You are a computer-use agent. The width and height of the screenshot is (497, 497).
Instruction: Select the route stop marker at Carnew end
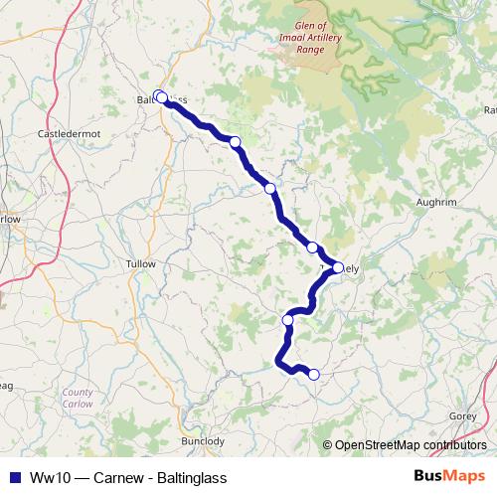[x=314, y=374]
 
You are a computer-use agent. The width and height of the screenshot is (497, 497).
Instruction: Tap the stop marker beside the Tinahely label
[x=338, y=267]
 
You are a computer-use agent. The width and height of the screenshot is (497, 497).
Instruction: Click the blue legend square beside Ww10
[x=10, y=476]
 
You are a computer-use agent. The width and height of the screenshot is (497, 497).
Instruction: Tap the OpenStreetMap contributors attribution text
[x=410, y=445]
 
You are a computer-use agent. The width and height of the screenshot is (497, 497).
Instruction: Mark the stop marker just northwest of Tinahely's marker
[x=312, y=248]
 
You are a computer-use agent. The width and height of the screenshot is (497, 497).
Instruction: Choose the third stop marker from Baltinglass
[x=269, y=188]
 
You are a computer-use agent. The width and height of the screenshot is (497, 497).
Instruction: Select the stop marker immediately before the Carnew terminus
[x=288, y=320]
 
